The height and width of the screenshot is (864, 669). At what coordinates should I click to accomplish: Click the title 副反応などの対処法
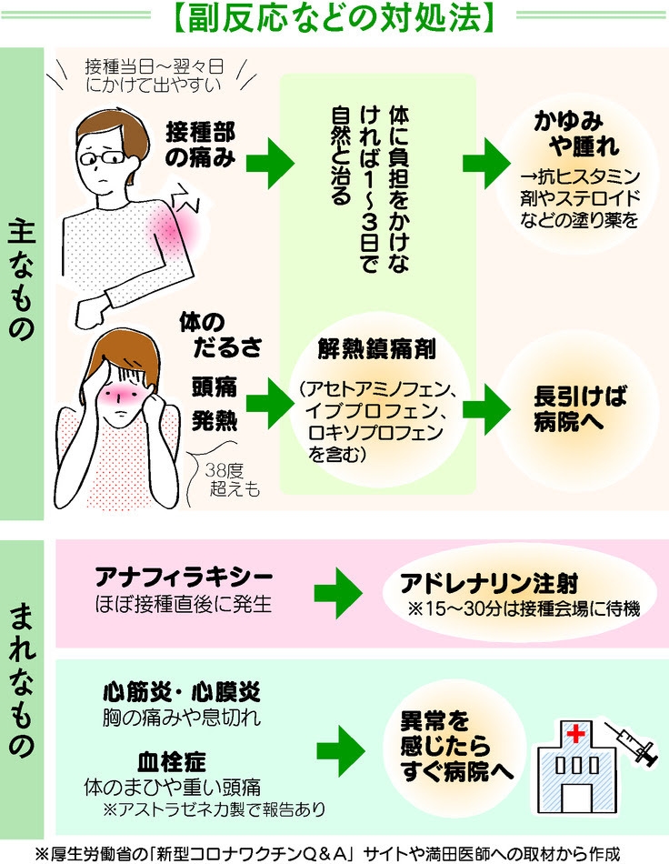click(334, 17)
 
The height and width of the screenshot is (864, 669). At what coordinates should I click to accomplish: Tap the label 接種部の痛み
click(200, 145)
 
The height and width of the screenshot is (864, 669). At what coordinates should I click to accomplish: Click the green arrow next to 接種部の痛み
click(269, 164)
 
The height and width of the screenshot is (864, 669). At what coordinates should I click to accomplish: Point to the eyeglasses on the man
click(104, 157)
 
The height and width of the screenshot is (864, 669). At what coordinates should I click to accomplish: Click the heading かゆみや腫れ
click(576, 134)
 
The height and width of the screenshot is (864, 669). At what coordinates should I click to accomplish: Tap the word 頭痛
click(215, 387)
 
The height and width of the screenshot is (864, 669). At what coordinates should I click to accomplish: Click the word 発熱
click(215, 420)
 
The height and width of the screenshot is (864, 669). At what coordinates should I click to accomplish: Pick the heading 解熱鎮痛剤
click(376, 349)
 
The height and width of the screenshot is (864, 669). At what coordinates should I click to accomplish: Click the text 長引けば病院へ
click(580, 409)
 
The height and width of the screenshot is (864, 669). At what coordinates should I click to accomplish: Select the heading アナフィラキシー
click(184, 577)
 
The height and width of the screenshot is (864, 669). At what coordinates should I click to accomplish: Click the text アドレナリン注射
click(489, 583)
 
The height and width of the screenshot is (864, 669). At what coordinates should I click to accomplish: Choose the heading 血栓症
click(172, 761)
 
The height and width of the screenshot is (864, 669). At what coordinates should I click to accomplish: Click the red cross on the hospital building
click(575, 735)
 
